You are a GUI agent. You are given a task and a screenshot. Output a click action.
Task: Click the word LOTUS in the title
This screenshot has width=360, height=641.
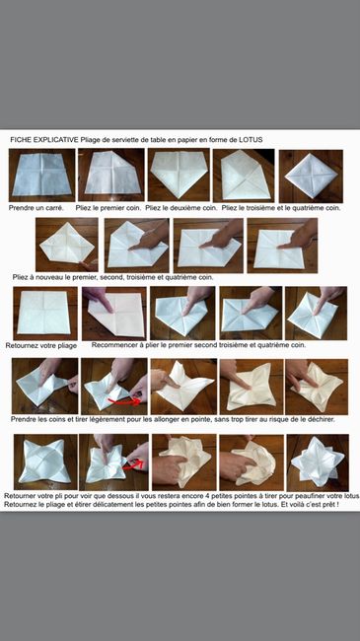click(251, 140)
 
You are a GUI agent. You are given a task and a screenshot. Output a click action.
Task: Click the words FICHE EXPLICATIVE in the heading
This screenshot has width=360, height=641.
click(44, 140)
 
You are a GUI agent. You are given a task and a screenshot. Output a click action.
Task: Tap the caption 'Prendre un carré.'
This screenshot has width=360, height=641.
click(36, 208)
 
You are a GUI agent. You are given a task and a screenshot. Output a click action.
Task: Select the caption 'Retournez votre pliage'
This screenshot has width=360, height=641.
click(41, 346)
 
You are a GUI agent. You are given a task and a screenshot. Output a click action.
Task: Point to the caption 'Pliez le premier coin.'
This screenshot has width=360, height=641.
click(108, 208)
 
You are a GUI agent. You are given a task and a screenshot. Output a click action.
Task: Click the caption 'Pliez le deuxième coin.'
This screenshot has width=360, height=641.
click(181, 208)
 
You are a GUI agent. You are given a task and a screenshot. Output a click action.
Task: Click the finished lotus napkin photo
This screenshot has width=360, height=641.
click(318, 463)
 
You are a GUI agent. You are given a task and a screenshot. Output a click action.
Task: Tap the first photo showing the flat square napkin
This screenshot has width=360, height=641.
click(42, 175)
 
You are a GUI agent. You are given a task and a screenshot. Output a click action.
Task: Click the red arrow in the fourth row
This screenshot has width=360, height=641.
click(124, 402)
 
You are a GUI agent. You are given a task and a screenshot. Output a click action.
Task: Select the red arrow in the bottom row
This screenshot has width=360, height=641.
click(134, 464)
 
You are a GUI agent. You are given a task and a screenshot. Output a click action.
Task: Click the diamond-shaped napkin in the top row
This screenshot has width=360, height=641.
click(311, 177)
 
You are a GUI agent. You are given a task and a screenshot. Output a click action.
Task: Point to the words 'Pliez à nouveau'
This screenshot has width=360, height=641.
click(36, 277)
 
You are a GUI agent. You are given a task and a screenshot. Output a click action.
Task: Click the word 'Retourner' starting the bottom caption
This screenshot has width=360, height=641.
click(19, 496)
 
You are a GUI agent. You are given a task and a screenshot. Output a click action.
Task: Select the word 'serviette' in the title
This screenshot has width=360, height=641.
click(124, 140)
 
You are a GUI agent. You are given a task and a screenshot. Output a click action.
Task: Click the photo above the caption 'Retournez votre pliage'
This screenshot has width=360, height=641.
click(45, 314)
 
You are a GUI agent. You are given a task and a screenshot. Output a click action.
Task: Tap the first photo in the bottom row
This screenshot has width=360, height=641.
click(45, 462)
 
